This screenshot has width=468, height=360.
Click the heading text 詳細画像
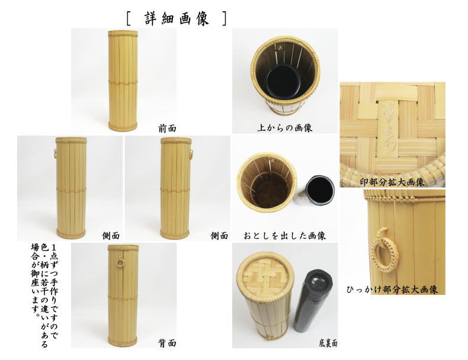pos(177,18)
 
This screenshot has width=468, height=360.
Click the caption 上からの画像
pos(284,127)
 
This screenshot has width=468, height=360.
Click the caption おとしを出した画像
pos(284,235)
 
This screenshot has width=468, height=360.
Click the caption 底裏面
pos(326,343)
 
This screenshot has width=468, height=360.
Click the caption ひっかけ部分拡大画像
pos(392,290)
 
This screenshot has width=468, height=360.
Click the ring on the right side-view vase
pos(193,156)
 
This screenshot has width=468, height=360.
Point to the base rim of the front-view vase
pos(123,126)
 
